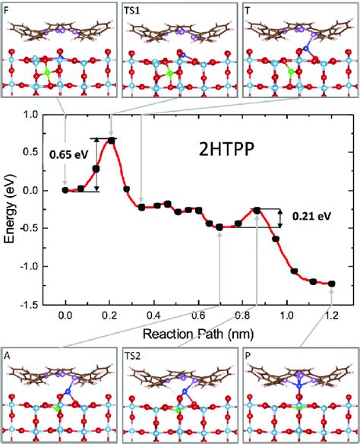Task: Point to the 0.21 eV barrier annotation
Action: [313, 217]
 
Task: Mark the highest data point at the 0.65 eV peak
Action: [112, 140]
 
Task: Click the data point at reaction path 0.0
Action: [65, 190]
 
